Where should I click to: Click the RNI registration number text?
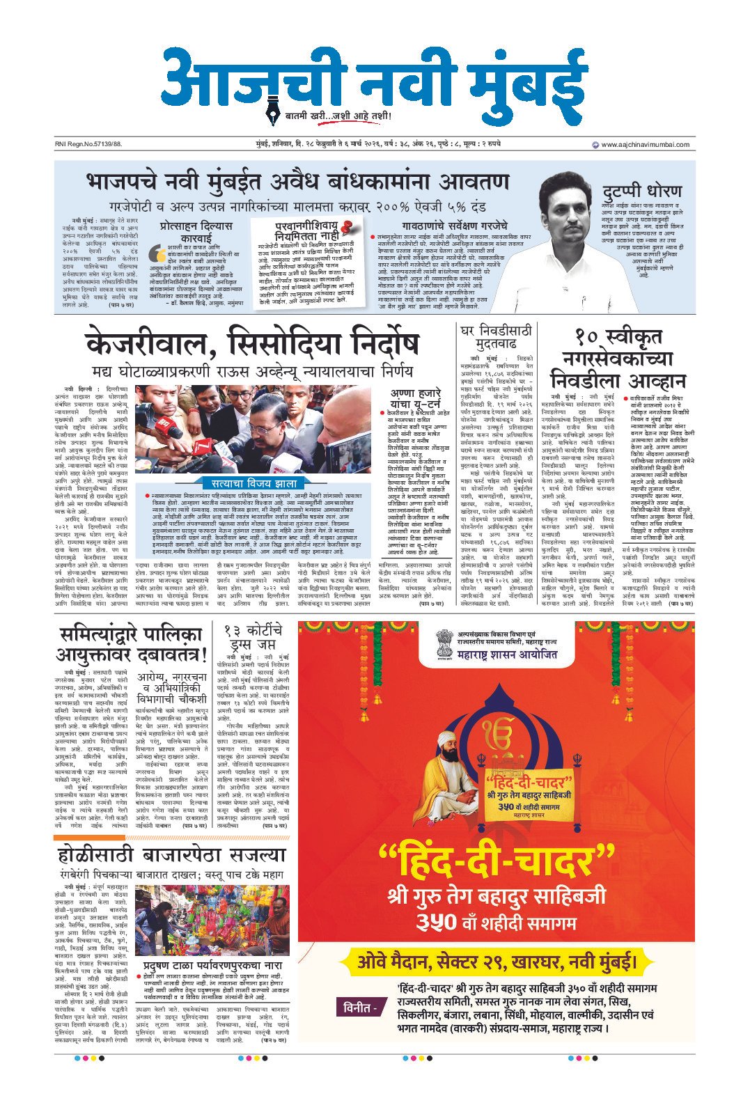[88, 145]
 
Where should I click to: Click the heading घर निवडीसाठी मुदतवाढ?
[495, 336]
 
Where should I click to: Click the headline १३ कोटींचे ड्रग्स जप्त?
[253, 638]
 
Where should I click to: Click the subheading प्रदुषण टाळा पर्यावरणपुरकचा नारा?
[212, 966]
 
